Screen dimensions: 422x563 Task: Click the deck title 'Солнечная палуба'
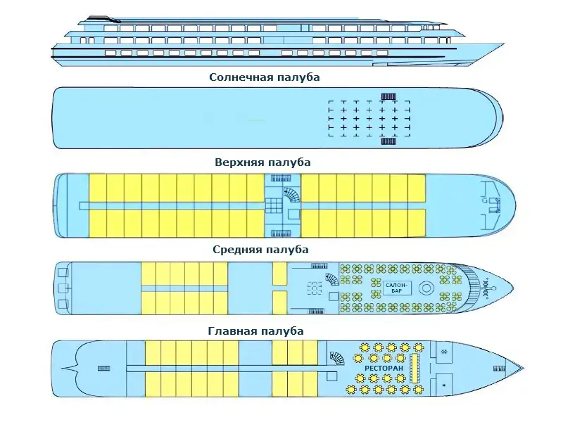point(264,77)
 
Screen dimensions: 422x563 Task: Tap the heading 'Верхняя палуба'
point(262,162)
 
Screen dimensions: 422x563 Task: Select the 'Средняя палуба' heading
point(260,250)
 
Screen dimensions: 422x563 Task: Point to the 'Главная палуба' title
point(256,331)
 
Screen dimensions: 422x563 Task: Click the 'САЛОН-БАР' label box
point(395,288)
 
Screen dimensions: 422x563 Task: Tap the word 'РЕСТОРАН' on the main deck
point(384,368)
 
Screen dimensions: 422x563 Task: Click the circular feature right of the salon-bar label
point(426,288)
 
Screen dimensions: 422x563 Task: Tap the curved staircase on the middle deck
point(329,279)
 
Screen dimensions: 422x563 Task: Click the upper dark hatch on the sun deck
point(388,96)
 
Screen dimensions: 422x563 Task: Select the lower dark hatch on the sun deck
point(388,141)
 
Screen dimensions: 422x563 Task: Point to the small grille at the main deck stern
point(103,367)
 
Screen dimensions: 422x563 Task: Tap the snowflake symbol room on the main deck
point(444,351)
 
